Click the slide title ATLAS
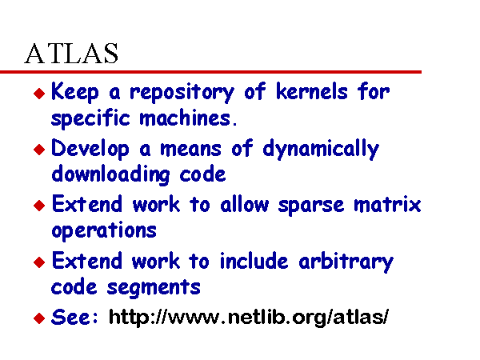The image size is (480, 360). pyautogui.click(x=71, y=54)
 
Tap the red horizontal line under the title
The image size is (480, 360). pyautogui.click(x=210, y=72)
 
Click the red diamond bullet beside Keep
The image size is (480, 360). pyautogui.click(x=39, y=94)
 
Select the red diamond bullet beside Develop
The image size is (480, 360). pyautogui.click(x=39, y=150)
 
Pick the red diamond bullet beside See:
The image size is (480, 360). pyautogui.click(x=39, y=318)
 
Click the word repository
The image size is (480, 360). pyautogui.click(x=182, y=93)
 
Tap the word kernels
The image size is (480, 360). pyautogui.click(x=312, y=91)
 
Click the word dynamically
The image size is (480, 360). pyautogui.click(x=321, y=149)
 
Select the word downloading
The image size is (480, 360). pyautogui.click(x=110, y=174)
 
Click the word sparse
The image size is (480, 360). pyautogui.click(x=310, y=206)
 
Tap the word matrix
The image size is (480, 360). pyautogui.click(x=387, y=204)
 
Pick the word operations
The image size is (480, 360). pyautogui.click(x=104, y=231)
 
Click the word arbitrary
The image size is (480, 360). pyautogui.click(x=346, y=262)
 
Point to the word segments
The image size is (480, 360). pyautogui.click(x=154, y=288)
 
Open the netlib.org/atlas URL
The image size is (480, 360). pyautogui.click(x=249, y=317)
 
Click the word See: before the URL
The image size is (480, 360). pyautogui.click(x=74, y=317)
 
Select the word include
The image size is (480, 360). pyautogui.click(x=254, y=261)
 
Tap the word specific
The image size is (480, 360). pyautogui.click(x=90, y=118)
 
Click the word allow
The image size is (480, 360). pyautogui.click(x=245, y=204)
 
